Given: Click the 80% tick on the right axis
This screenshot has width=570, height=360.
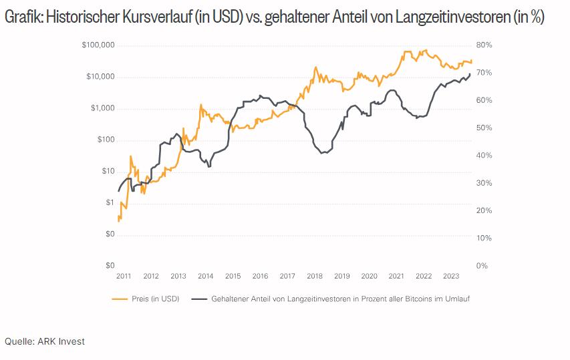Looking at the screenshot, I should coord(484,45).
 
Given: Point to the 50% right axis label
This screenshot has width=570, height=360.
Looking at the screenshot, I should coord(484,128).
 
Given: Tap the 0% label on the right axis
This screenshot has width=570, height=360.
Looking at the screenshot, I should coord(482,266).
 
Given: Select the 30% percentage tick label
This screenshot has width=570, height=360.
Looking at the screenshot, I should coord(484,183).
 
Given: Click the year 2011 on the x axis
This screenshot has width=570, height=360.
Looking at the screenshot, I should coord(124,276).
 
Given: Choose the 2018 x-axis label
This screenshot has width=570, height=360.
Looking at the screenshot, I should coord(315,276).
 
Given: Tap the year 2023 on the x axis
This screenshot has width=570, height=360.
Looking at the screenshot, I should coord(451,276).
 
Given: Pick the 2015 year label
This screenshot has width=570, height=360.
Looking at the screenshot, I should coord(233,276).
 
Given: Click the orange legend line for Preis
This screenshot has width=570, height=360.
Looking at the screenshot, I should coord(120,299).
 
